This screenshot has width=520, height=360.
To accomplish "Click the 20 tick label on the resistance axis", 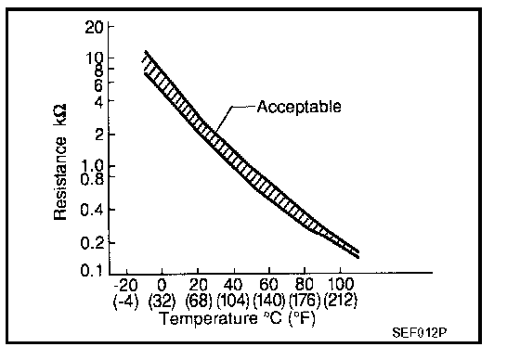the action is click(95, 27).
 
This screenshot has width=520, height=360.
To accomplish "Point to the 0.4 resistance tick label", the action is click(93, 211).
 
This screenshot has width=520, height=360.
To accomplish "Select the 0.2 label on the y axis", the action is click(93, 243).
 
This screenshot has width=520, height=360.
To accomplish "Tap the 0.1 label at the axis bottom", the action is click(93, 271).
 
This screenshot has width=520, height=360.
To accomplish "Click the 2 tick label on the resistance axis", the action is click(100, 135).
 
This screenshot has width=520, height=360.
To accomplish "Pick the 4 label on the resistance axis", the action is click(100, 101).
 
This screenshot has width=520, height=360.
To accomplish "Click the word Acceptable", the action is click(299, 107).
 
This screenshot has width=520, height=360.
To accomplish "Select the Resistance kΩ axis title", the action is click(60, 161).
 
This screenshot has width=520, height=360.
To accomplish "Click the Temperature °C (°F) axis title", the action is click(238, 319).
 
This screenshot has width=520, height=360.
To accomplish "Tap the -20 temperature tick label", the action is click(125, 285).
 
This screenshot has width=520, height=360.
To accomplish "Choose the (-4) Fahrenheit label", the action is click(126, 301).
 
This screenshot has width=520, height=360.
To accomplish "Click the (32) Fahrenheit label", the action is click(162, 301).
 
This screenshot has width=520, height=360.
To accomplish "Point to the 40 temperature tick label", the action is click(233, 285).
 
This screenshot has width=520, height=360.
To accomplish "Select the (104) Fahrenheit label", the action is click(233, 301).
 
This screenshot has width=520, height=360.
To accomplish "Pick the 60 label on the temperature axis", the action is click(268, 285).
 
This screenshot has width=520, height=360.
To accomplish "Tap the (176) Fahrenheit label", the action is click(305, 301).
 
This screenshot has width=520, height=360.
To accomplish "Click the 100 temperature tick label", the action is click(341, 285).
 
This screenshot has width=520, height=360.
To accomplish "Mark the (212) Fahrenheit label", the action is click(341, 301).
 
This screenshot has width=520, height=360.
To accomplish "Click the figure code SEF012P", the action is click(419, 332).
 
